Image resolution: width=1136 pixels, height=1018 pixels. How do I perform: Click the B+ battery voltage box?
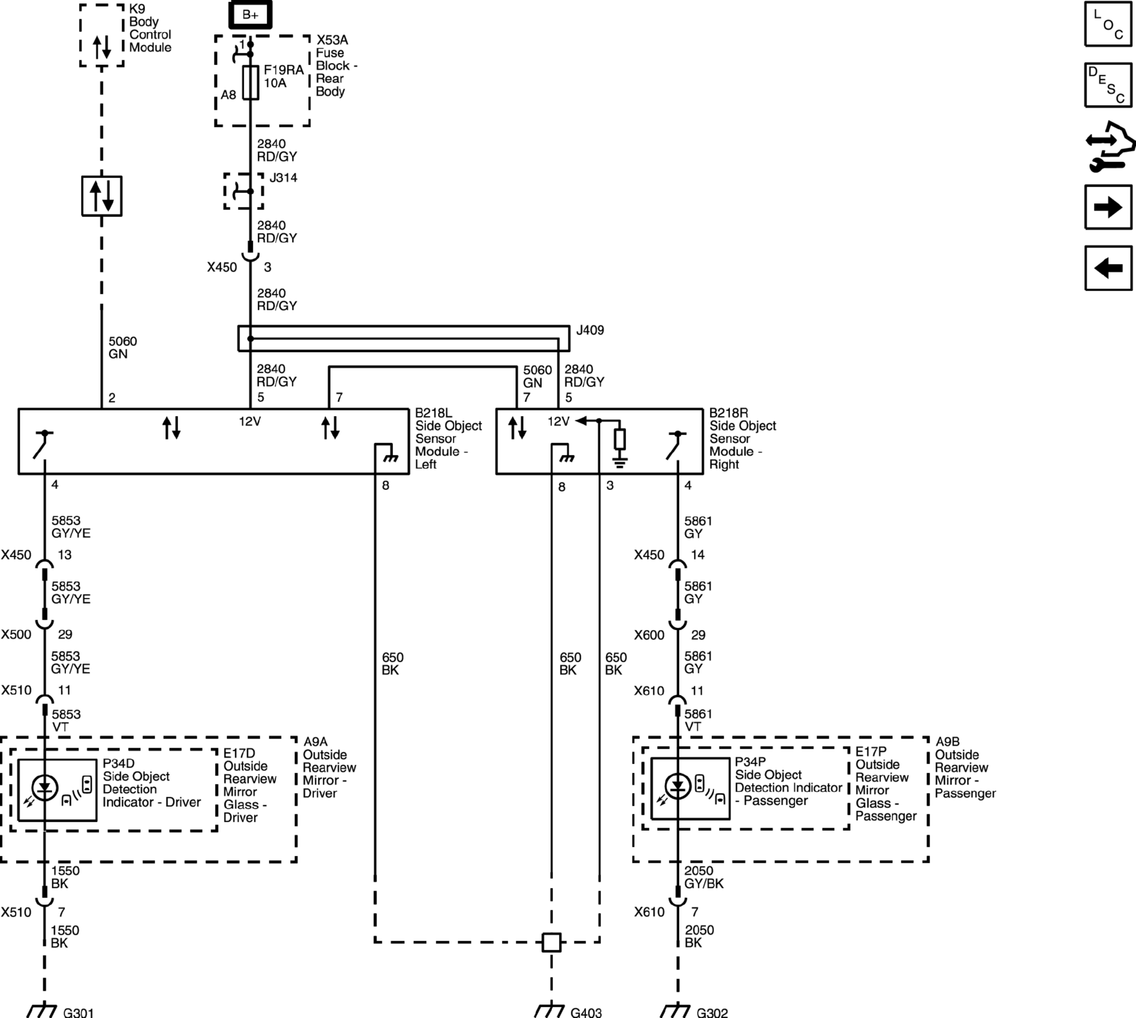(x=250, y=14)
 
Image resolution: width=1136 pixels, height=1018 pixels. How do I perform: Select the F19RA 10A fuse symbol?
(x=251, y=83)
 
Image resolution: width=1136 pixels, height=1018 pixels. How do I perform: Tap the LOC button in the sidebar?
(x=1108, y=24)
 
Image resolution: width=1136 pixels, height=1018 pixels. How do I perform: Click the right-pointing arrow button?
(x=1108, y=207)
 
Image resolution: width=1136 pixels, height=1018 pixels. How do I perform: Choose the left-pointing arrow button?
(x=1108, y=268)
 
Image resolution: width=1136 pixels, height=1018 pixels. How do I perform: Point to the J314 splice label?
(x=283, y=178)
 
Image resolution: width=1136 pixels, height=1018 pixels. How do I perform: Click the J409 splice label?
(x=590, y=330)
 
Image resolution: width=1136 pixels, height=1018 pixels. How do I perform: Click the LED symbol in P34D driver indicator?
(x=45, y=788)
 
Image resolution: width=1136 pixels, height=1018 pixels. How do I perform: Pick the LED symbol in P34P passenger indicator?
(x=678, y=787)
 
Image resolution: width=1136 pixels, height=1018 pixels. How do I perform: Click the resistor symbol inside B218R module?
(x=620, y=439)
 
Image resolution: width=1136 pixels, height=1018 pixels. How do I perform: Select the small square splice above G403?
(x=551, y=942)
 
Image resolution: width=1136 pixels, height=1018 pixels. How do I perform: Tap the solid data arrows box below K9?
(x=102, y=196)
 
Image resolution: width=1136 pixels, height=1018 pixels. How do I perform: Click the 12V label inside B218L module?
(x=250, y=421)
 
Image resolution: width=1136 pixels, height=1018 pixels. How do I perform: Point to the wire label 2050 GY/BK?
(x=703, y=877)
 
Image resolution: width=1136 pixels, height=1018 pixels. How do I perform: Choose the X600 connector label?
(x=649, y=635)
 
